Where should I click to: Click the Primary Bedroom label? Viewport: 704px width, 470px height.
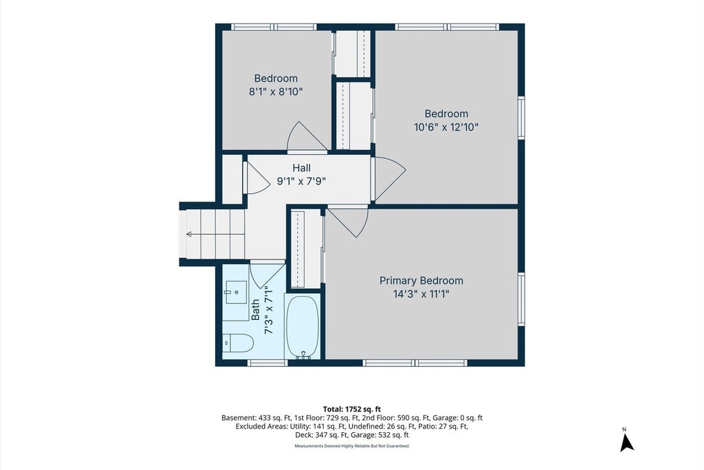click(421, 281)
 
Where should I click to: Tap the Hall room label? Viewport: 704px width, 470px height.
click(301, 168)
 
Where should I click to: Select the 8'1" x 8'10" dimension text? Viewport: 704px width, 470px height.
click(276, 92)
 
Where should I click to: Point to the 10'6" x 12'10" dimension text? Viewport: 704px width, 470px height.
click(445, 127)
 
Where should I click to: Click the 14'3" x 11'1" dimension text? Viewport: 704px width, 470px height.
click(421, 295)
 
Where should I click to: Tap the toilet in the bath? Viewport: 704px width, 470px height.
click(238, 343)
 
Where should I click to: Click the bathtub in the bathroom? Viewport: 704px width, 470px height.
click(303, 327)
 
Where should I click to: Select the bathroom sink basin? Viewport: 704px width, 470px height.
click(236, 292)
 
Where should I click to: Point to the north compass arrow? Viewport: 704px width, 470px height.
click(626, 442)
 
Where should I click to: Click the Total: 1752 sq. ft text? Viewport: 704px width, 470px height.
click(351, 409)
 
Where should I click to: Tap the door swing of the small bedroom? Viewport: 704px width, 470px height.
click(307, 136)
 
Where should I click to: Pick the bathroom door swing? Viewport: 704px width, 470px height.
click(267, 275)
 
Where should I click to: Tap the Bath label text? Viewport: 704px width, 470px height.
click(255, 310)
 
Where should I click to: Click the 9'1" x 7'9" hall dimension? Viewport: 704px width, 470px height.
click(301, 182)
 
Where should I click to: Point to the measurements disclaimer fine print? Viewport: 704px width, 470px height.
click(352, 446)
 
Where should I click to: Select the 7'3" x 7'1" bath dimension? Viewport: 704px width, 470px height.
click(269, 310)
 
